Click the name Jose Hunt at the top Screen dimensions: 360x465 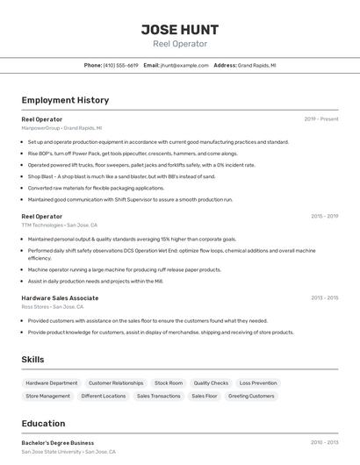(x=179, y=30)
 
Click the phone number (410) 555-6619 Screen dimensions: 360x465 (x=120, y=65)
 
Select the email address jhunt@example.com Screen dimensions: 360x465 (x=184, y=65)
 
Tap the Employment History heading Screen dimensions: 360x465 (x=65, y=100)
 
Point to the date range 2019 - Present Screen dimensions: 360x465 (x=321, y=118)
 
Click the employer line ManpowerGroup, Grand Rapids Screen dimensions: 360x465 (x=61, y=127)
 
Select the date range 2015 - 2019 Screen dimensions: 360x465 (x=324, y=216)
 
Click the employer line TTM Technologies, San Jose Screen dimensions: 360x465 (x=64, y=225)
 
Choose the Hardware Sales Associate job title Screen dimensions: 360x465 (x=60, y=297)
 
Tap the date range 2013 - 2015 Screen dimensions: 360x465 (x=324, y=297)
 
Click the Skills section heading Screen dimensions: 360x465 (x=32, y=360)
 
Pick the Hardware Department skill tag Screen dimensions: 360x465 (x=52, y=383)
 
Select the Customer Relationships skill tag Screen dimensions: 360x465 (x=116, y=383)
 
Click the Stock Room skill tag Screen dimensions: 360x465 (x=169, y=383)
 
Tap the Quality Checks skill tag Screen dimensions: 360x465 (x=211, y=383)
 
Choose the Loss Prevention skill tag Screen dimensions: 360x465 (x=258, y=383)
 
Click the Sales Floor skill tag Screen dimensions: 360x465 (x=205, y=396)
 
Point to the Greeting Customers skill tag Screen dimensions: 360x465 (x=251, y=396)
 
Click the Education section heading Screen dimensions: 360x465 (x=43, y=423)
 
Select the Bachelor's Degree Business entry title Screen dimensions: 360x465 (x=57, y=443)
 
